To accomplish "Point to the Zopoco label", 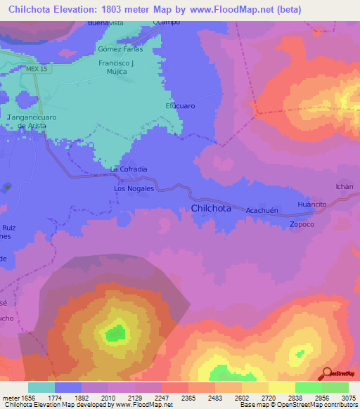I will coord(302,225).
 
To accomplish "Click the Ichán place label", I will coord(344,186).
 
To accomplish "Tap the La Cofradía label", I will coord(129,169).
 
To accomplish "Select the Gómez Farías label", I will coord(120,49).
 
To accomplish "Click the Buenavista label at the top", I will coord(105,23).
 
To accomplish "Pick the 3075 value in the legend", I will coord(349,397).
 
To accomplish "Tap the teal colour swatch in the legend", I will coord(41,387).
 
